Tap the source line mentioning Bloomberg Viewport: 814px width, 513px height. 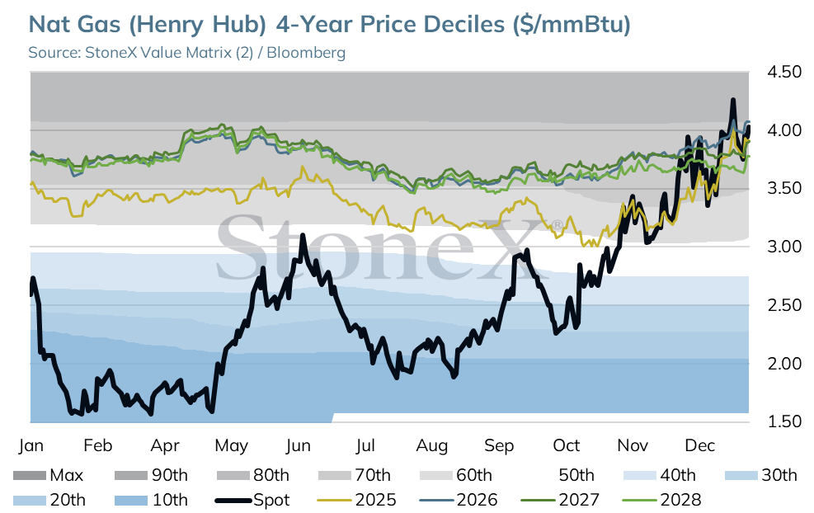click(187, 53)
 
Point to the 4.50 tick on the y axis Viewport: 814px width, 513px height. click(784, 72)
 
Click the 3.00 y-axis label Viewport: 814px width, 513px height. click(784, 247)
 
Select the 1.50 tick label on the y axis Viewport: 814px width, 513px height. click(784, 421)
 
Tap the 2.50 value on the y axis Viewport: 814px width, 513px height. click(784, 305)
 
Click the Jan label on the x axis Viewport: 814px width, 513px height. click(31, 445)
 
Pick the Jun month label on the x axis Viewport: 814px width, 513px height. click(298, 445)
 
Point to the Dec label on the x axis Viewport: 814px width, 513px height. click(700, 445)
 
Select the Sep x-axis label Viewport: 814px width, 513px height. click(499, 445)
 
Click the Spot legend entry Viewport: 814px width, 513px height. click(252, 500)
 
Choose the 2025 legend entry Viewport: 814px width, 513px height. click(356, 500)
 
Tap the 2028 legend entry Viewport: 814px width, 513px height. click(661, 500)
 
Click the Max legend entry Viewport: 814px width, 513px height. click(48, 475)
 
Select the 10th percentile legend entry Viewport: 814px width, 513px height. click(151, 500)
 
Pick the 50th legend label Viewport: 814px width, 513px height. click(576, 475)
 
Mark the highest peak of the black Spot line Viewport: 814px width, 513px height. click(733, 99)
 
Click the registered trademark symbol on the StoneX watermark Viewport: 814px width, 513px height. click(557, 225)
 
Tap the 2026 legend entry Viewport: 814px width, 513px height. click(458, 500)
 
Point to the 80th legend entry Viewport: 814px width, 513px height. click(253, 475)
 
